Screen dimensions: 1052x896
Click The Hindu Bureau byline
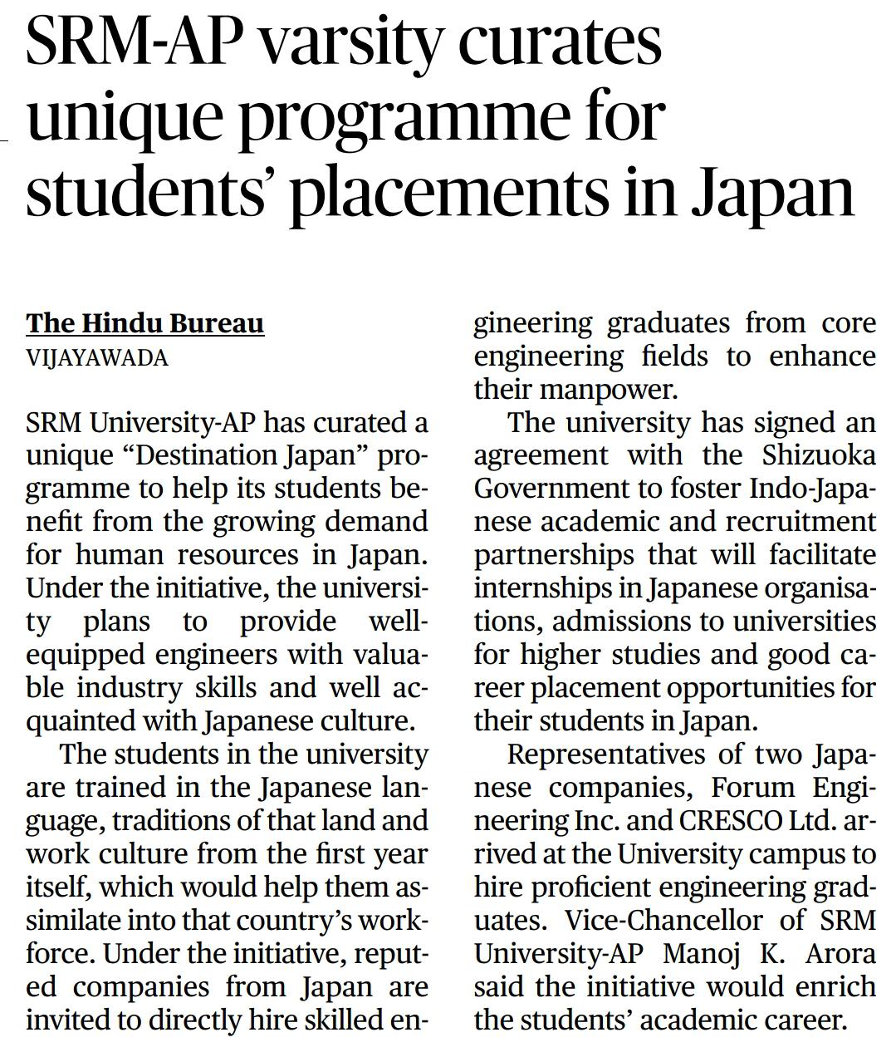point(145,323)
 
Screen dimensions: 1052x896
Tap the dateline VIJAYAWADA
point(97,358)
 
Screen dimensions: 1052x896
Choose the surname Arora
point(840,954)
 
